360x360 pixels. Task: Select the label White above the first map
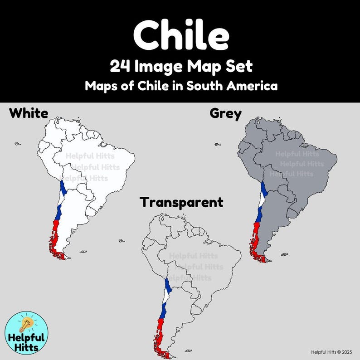(x=29, y=113)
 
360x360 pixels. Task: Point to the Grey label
(x=225, y=113)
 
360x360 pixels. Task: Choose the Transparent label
(x=181, y=202)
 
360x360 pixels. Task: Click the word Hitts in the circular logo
(x=25, y=348)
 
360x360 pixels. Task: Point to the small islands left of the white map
(x=18, y=144)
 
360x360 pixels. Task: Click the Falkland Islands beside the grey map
(x=284, y=255)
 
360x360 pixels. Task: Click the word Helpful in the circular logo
(x=25, y=338)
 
